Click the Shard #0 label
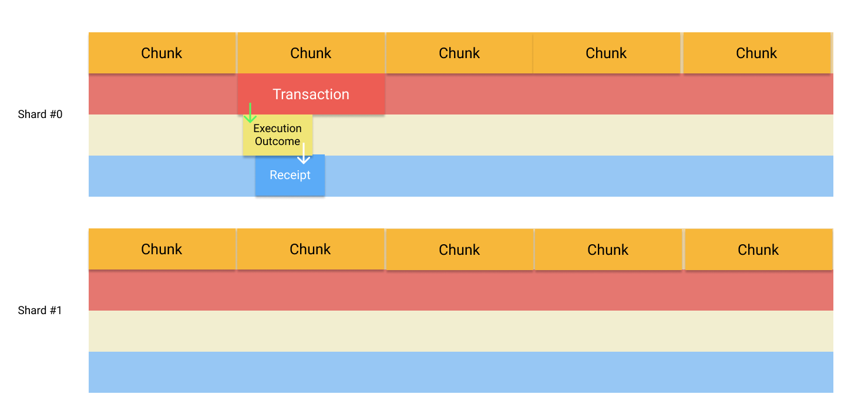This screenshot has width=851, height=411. click(40, 114)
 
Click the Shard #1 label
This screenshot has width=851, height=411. click(40, 311)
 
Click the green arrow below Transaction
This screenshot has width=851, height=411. click(250, 113)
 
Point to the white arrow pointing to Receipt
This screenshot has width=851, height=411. click(303, 154)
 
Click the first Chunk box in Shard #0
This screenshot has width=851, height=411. click(162, 53)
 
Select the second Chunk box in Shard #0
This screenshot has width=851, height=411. click(311, 53)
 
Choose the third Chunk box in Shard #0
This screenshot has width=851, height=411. click(459, 53)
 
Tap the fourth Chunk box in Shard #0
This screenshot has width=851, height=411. click(607, 53)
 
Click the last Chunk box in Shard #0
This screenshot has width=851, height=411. click(756, 53)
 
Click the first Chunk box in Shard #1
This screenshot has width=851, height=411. click(162, 249)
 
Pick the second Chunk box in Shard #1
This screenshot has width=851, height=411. click(311, 249)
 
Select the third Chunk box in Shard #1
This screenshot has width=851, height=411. click(459, 250)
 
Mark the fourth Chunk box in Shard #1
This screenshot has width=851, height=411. click(608, 250)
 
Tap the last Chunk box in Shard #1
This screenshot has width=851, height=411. click(758, 250)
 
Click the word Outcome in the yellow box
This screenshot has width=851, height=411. click(278, 142)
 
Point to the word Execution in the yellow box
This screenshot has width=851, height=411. click(278, 129)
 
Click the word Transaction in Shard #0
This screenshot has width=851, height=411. click(311, 95)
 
